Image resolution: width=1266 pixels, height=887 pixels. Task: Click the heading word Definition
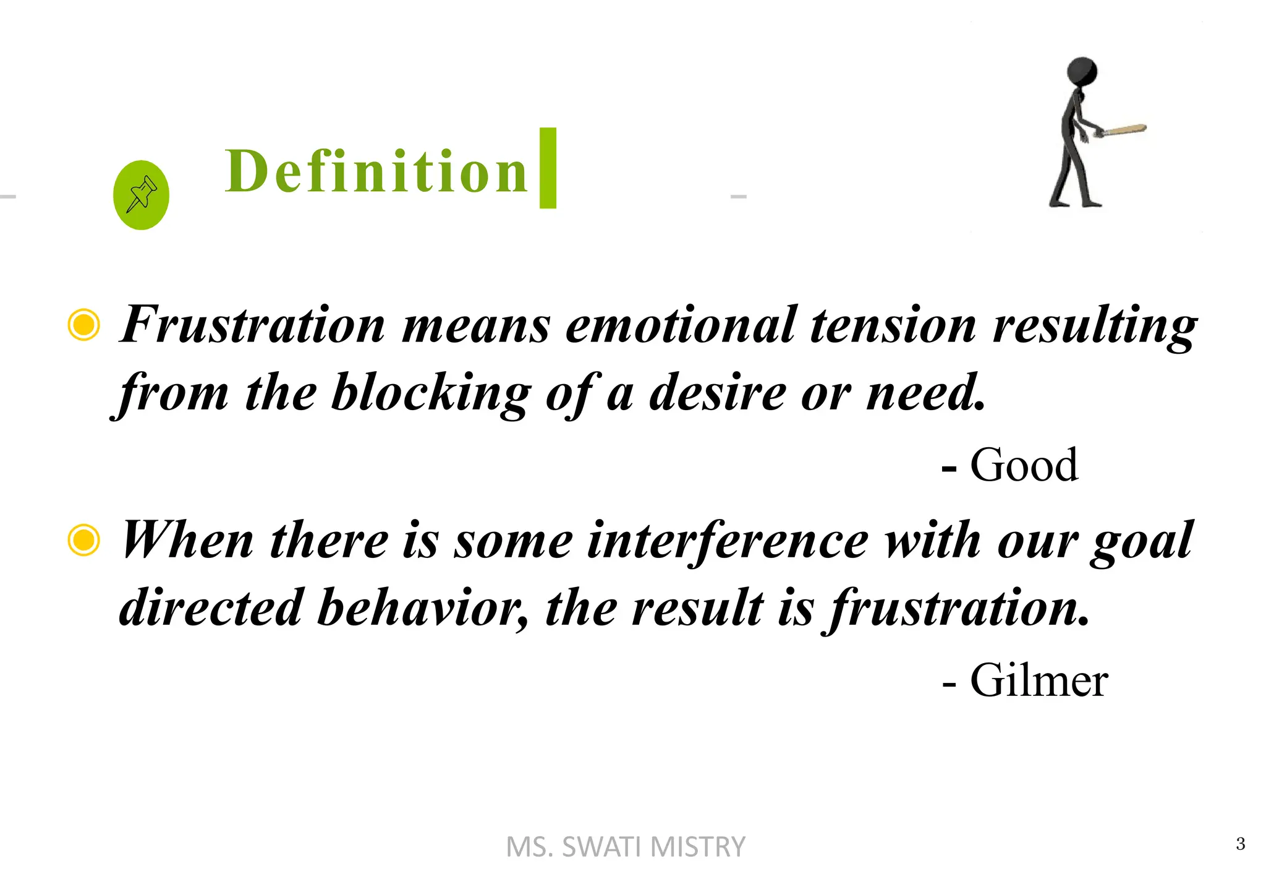376,171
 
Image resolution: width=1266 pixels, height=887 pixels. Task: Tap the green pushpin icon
141,195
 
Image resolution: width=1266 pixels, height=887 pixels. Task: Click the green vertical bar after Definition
548,168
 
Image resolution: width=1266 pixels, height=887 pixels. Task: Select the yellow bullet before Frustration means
83,325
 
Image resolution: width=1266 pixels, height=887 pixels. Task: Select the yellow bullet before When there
83,539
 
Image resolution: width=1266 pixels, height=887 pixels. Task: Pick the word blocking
431,393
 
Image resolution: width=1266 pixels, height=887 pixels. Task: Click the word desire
717,393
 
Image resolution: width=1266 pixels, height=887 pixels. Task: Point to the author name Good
1024,465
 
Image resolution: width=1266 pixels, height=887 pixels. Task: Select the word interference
727,541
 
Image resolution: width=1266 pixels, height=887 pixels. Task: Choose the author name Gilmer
1039,680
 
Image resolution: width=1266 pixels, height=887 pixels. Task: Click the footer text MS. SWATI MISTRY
626,847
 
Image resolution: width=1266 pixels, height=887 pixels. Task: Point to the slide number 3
1240,844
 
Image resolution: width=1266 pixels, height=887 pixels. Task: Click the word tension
893,325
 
